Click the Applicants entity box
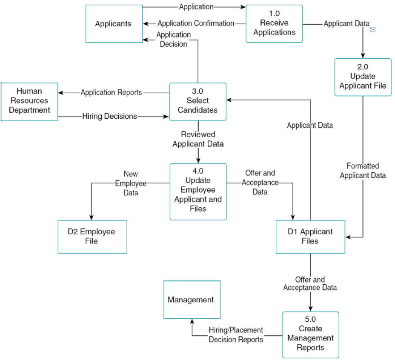(114, 24)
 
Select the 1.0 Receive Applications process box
(274, 24)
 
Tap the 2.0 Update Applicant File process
(363, 77)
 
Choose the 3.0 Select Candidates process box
(197, 101)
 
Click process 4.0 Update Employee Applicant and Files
(198, 191)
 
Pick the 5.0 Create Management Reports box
(310, 335)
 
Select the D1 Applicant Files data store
(310, 237)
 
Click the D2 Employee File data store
(92, 237)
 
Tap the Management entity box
(192, 300)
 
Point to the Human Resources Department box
(29, 101)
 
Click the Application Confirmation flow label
(196, 23)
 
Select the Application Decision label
(173, 40)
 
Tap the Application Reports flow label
(112, 92)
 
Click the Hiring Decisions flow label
(110, 116)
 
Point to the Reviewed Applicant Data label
(198, 139)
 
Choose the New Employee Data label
(131, 183)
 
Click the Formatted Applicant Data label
(363, 171)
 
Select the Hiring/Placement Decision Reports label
(236, 334)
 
